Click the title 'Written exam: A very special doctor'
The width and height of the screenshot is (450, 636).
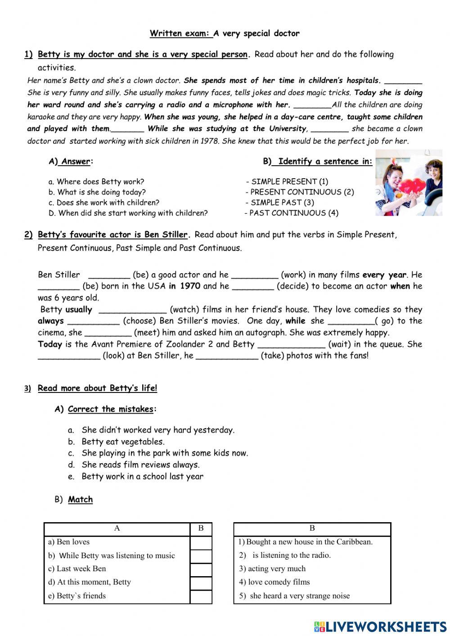pyautogui.click(x=225, y=33)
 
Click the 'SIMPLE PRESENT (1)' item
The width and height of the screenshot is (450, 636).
pyautogui.click(x=289, y=182)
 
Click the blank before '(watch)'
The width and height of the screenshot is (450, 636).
pyautogui.click(x=132, y=310)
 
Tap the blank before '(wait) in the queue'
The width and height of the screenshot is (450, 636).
pyautogui.click(x=291, y=345)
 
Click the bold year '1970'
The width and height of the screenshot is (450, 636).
pyautogui.click(x=190, y=286)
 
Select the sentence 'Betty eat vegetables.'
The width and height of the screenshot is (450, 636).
pyautogui.click(x=123, y=442)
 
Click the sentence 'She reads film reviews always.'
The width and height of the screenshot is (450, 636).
pyautogui.click(x=140, y=465)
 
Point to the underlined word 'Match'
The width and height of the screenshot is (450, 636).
pyautogui.click(x=80, y=500)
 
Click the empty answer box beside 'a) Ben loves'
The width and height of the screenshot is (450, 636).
pyautogui.click(x=201, y=542)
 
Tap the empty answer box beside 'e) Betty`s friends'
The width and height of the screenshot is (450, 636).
pyautogui.click(x=201, y=596)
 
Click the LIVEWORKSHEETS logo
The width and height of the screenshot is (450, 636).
pyautogui.click(x=380, y=627)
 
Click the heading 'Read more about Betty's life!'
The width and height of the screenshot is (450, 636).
pyautogui.click(x=97, y=388)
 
